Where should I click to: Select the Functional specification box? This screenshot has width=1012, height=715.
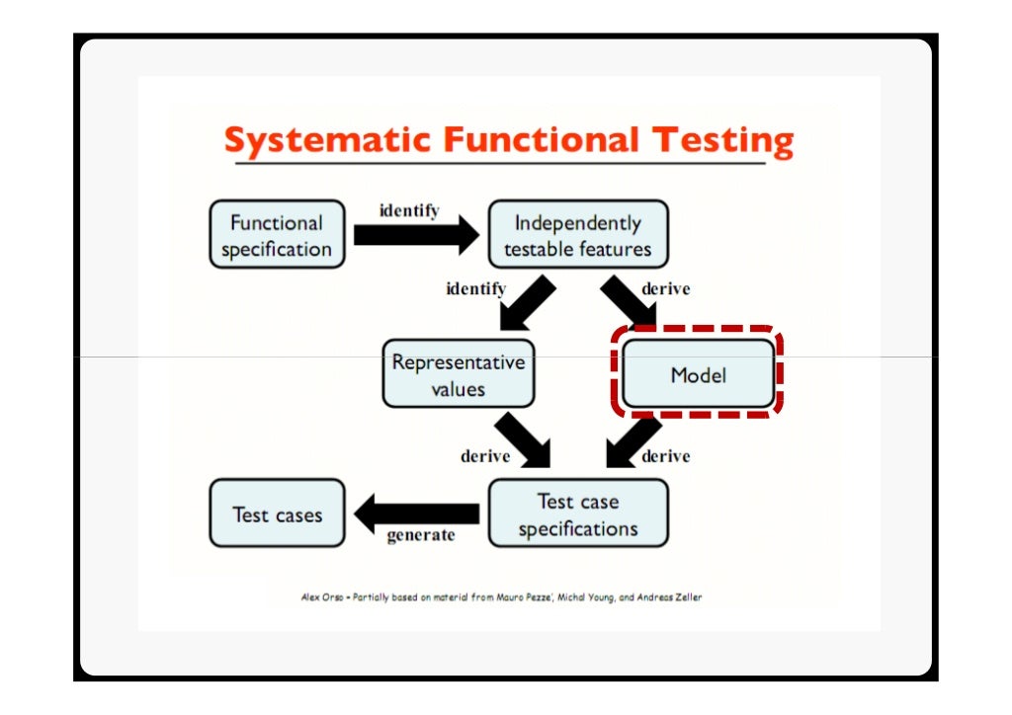pyautogui.click(x=277, y=235)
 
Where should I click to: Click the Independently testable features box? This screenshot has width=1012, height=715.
pyautogui.click(x=578, y=235)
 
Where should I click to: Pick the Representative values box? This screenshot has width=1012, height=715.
pyautogui.click(x=458, y=374)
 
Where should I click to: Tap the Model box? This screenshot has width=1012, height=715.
pyautogui.click(x=698, y=375)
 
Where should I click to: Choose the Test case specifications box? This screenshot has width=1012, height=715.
pyautogui.click(x=578, y=514)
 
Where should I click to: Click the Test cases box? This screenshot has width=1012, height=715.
pyautogui.click(x=277, y=514)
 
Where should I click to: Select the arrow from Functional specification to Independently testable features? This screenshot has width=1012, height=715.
pyautogui.click(x=415, y=235)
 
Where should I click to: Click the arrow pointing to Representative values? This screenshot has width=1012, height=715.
pyautogui.click(x=526, y=304)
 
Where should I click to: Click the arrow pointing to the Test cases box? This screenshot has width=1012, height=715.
pyautogui.click(x=415, y=514)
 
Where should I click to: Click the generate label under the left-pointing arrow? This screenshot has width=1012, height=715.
pyautogui.click(x=421, y=535)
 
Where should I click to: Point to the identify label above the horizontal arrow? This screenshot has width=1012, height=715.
pyautogui.click(x=409, y=210)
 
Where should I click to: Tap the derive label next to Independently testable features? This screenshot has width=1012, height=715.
pyautogui.click(x=666, y=289)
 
